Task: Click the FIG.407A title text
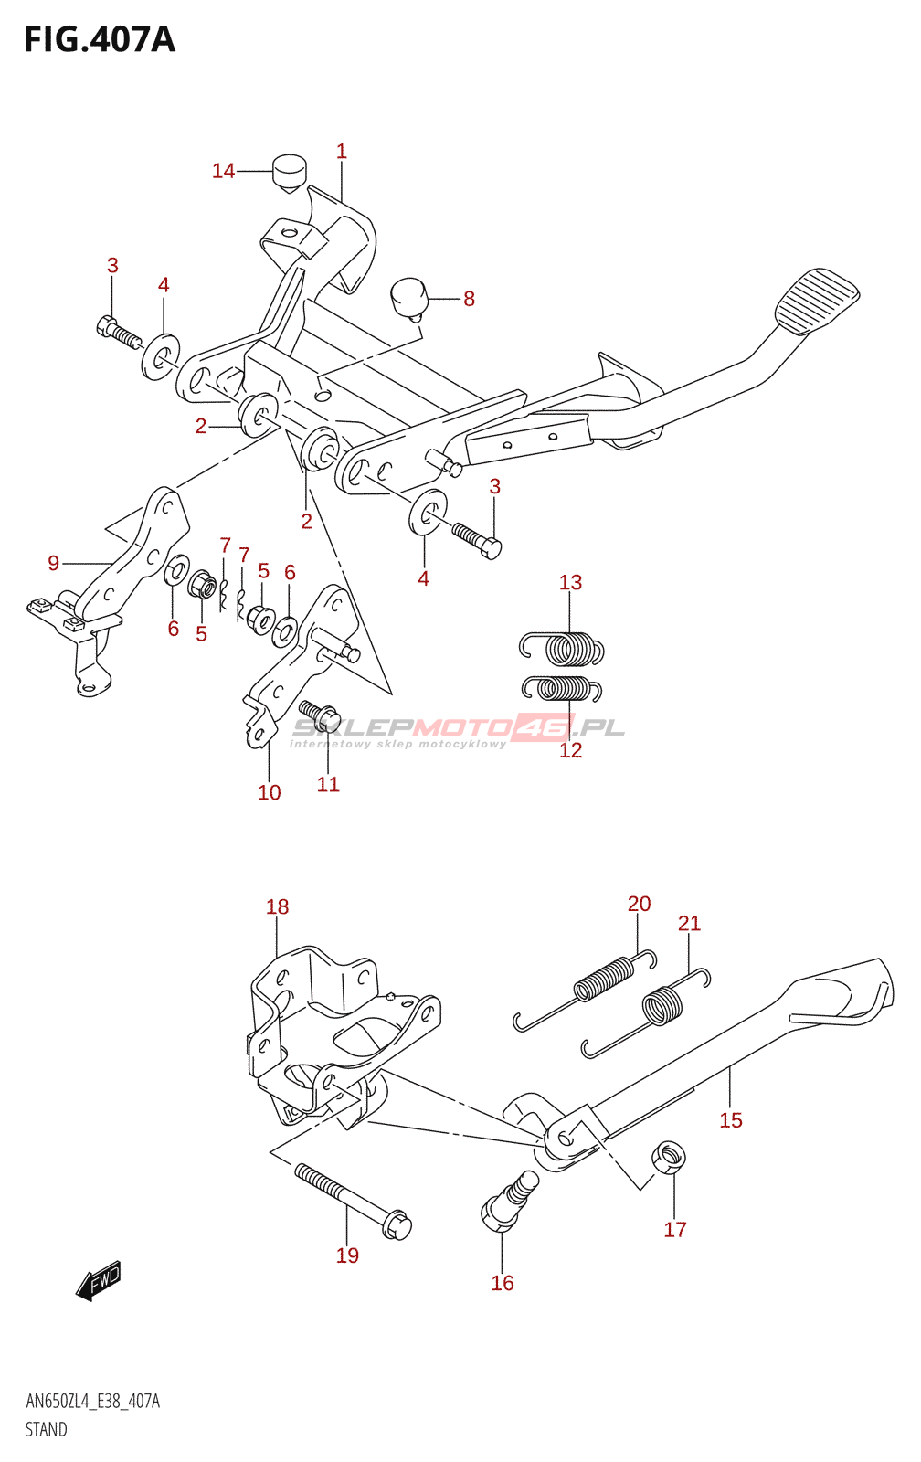point(100,40)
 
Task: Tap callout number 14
point(223,171)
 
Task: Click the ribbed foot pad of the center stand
point(817,302)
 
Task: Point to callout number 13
point(570,582)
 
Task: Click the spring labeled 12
point(562,689)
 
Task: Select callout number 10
point(269,792)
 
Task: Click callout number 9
point(54,563)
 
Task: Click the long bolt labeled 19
point(353,1201)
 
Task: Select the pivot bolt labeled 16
point(509,1202)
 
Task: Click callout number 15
point(731,1120)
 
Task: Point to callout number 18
point(278,906)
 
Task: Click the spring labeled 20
point(585,991)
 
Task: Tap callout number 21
point(689,924)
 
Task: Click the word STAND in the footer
point(47,1429)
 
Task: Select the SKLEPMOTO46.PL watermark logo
point(457,731)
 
